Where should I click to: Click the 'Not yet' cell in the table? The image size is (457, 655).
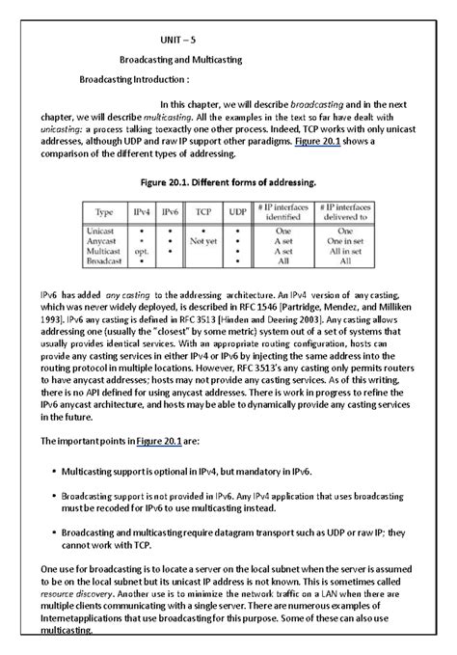click(203, 241)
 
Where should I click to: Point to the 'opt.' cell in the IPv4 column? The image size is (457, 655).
click(141, 251)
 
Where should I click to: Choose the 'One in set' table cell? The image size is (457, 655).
click(342, 241)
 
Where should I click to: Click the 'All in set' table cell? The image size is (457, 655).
click(342, 251)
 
